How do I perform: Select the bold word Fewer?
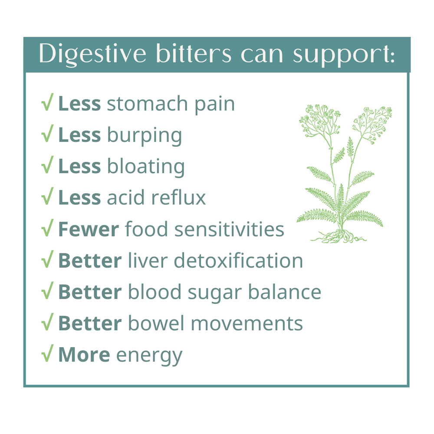88,229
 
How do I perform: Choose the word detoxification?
238,260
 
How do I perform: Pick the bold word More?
84,355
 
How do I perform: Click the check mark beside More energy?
47,354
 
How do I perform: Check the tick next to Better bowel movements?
47,323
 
